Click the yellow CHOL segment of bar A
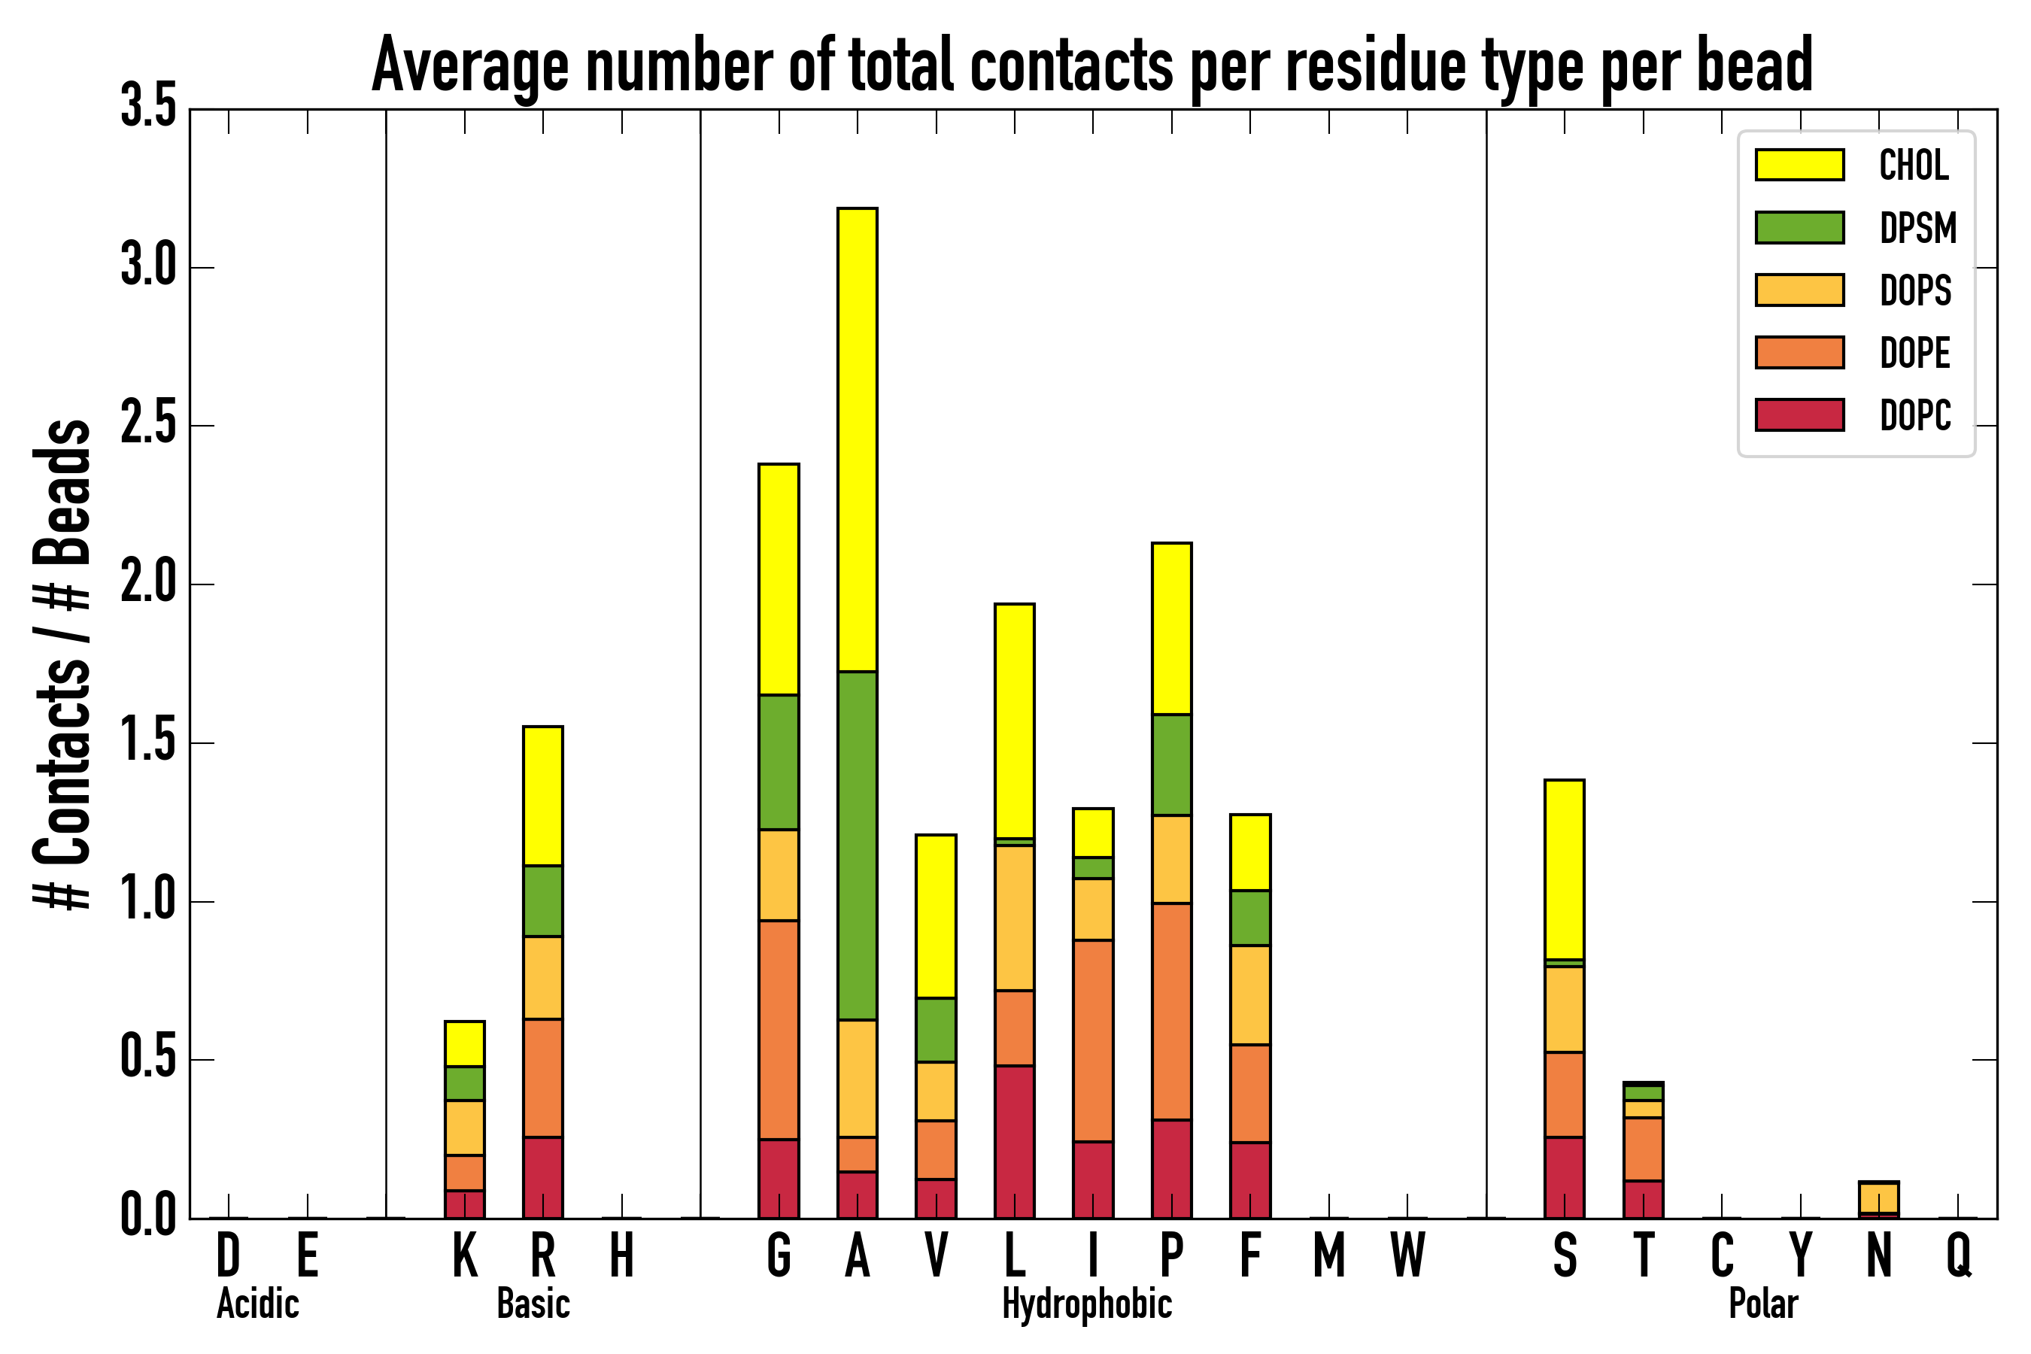[857, 439]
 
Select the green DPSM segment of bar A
[857, 845]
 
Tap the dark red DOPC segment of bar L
[1015, 1142]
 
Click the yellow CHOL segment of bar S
[1564, 870]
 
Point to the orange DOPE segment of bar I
[1093, 1040]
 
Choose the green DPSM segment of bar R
[543, 900]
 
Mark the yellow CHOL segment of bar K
[465, 1044]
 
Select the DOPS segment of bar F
[1250, 994]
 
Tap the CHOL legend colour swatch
[1799, 165]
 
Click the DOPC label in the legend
[1915, 416]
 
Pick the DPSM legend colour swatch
[1799, 228]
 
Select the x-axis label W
[1407, 1255]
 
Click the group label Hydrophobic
[1086, 1304]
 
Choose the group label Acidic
[257, 1304]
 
